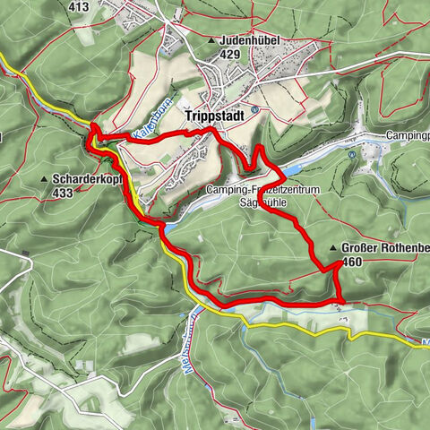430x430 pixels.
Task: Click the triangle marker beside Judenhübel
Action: tap(211, 41)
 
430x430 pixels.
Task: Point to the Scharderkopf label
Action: tap(87, 178)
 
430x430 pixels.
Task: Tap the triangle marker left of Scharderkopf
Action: tap(44, 179)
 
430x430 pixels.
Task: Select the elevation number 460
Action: tap(352, 262)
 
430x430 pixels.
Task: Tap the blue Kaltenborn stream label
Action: tap(146, 125)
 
